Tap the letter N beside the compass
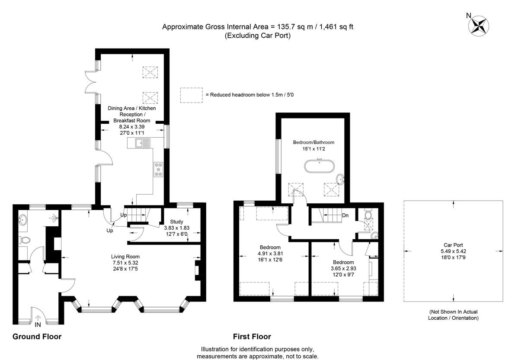pyautogui.click(x=469, y=16)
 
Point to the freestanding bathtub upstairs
pyautogui.click(x=319, y=166)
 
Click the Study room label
pyautogui.click(x=177, y=222)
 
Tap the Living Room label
pyautogui.click(x=125, y=257)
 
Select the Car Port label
pyautogui.click(x=453, y=245)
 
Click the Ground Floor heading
pyautogui.click(x=37, y=337)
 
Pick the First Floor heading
pyautogui.click(x=252, y=337)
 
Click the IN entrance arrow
pyautogui.click(x=38, y=318)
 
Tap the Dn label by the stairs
pyautogui.click(x=345, y=215)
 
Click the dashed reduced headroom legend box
pyautogui.click(x=192, y=95)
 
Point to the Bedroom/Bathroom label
pyautogui.click(x=313, y=142)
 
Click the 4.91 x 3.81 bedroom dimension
pyautogui.click(x=270, y=254)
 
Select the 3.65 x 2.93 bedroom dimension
pyautogui.click(x=343, y=268)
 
